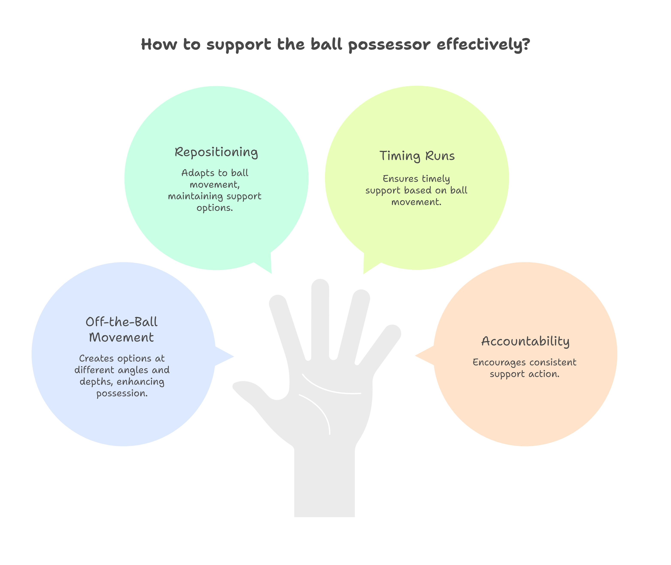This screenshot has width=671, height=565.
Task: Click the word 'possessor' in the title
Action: [389, 45]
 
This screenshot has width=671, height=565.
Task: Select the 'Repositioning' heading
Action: [216, 152]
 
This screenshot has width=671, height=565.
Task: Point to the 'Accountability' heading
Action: [525, 342]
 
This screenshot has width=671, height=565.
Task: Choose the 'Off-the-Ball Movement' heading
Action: [122, 330]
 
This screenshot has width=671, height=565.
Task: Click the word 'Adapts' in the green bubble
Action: [198, 173]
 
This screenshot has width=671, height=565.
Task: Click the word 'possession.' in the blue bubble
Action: [122, 393]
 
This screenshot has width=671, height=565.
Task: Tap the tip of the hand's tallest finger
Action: [320, 286]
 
